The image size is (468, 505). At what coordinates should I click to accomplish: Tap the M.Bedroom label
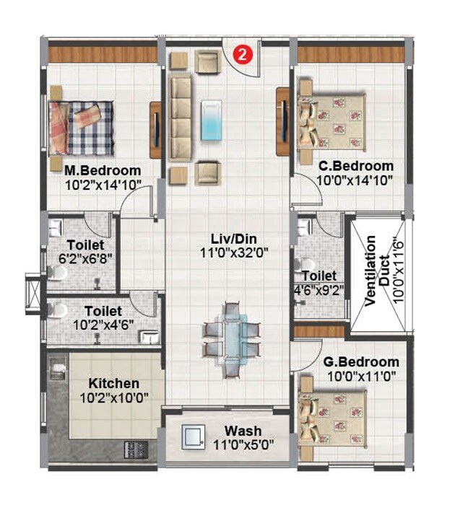coord(101,171)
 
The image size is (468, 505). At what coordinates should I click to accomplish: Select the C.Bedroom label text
coord(356,166)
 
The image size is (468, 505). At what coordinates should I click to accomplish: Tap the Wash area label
coord(243,431)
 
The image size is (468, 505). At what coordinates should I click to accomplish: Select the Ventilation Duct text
coord(376,271)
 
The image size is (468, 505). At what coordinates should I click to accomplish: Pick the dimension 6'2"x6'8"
coord(86,258)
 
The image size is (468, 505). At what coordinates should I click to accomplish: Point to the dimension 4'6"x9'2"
coord(318,291)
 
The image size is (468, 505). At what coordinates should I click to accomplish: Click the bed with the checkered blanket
coord(82,126)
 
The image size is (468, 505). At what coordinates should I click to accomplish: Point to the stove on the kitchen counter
coord(135,448)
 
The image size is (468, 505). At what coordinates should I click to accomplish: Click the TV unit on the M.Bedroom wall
coord(155,130)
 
